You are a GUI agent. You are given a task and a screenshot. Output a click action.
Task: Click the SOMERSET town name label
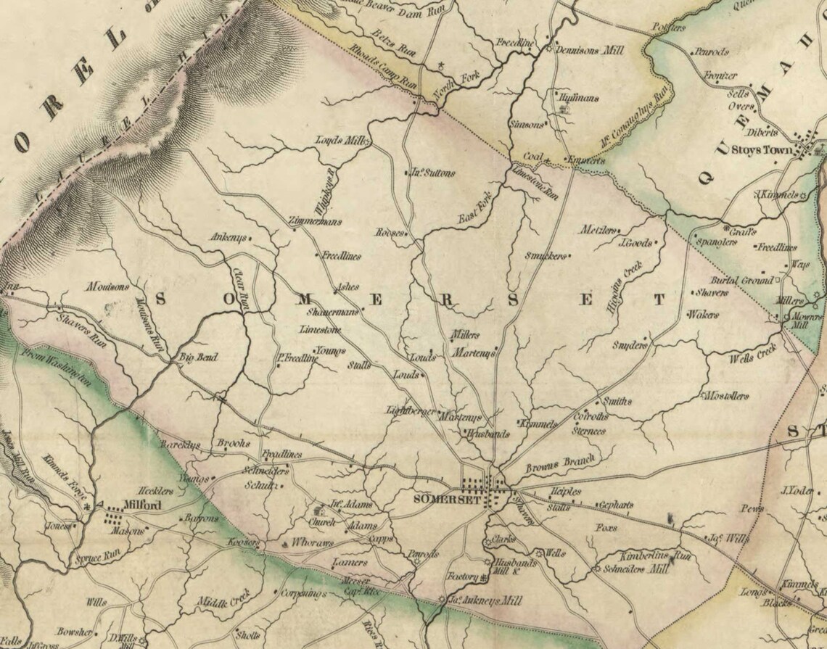pos(440,499)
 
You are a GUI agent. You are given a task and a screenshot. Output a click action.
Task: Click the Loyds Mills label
pos(342,140)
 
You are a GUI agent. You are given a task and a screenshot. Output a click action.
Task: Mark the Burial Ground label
pos(745,280)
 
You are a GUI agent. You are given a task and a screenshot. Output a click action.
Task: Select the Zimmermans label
pos(315,222)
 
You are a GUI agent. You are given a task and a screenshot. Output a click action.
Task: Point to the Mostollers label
pos(725,396)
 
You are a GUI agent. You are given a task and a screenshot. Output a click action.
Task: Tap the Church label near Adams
pos(321,522)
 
